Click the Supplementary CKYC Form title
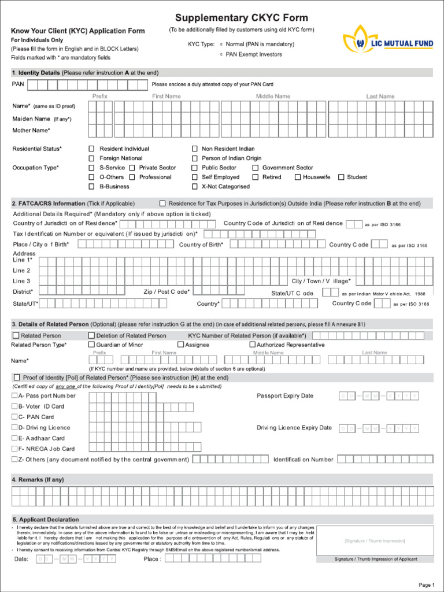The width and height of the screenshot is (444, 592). pyautogui.click(x=242, y=18)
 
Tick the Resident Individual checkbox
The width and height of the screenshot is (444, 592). pyautogui.click(x=91, y=149)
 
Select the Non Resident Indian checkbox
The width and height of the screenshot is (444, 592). pyautogui.click(x=195, y=149)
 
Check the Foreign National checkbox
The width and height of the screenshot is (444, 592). pyautogui.click(x=91, y=158)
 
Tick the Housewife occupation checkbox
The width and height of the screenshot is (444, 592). pyautogui.click(x=298, y=177)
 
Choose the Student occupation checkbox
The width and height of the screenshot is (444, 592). pyautogui.click(x=341, y=177)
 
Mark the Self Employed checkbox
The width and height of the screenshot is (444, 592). pyautogui.click(x=195, y=177)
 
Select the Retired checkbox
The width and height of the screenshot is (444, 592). pyautogui.click(x=256, y=177)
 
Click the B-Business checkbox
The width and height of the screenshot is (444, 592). pyautogui.click(x=91, y=187)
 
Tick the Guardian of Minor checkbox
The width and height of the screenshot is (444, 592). pyautogui.click(x=91, y=345)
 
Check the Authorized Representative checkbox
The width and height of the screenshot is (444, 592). pyautogui.click(x=252, y=345)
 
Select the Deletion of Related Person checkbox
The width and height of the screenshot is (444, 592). pyautogui.click(x=91, y=335)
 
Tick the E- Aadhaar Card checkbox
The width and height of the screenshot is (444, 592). pyautogui.click(x=14, y=438)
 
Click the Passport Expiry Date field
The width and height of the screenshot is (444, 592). pyautogui.click(x=379, y=396)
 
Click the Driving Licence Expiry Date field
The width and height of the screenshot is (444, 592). pyautogui.click(x=379, y=428)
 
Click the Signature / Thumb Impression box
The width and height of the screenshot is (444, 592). pyautogui.click(x=375, y=541)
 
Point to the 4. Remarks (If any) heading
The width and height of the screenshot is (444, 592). pyautogui.click(x=38, y=480)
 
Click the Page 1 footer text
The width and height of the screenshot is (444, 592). pyautogui.click(x=426, y=585)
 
